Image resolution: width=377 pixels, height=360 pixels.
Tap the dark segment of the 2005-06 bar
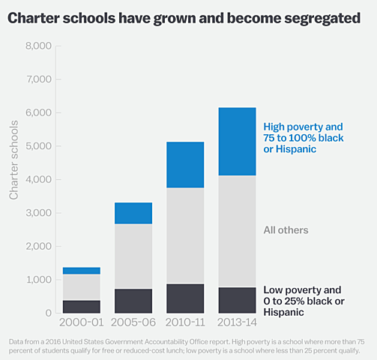pos(133,301)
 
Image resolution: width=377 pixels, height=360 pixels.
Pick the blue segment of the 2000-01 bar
pos(82,271)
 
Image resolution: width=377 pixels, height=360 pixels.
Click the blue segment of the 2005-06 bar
pos(133,213)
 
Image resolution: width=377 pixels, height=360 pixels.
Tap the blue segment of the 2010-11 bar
pos(185,164)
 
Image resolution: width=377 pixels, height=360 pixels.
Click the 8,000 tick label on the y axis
pos(37,46)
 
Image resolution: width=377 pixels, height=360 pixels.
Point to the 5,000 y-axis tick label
pos(37,146)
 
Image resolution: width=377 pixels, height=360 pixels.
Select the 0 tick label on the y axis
pos(47,313)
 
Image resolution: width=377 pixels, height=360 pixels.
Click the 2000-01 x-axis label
pos(82,324)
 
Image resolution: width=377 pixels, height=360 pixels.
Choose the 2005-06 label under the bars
pos(133,324)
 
